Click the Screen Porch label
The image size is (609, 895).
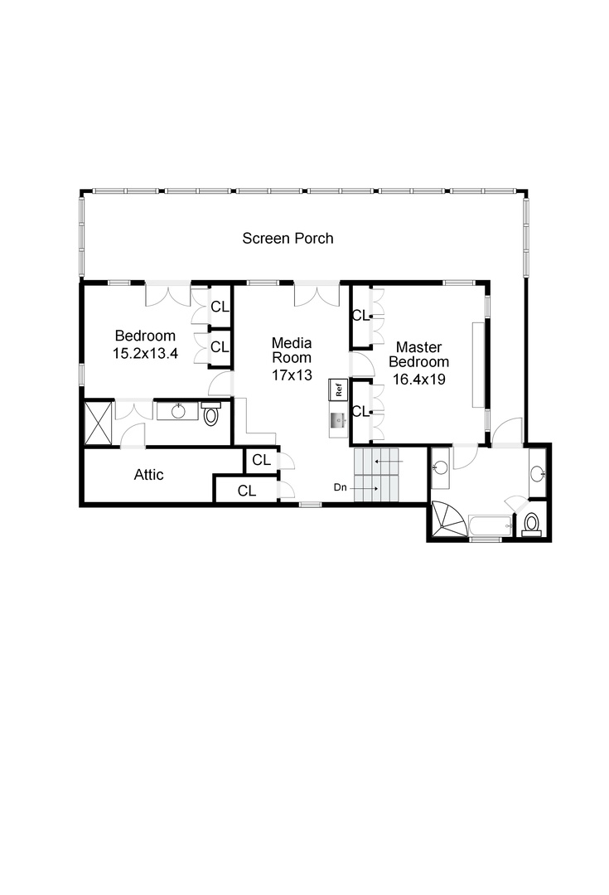(288, 239)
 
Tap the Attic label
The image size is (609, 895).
(149, 474)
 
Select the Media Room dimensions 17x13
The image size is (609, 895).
(292, 375)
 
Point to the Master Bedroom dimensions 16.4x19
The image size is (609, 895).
(419, 379)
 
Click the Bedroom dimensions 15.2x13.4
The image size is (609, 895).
(145, 353)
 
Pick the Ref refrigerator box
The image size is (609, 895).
(338, 389)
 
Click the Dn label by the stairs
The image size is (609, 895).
(341, 487)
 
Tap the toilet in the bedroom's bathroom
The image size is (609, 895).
(211, 414)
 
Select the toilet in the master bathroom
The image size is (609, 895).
(532, 524)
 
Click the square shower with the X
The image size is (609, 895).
(98, 423)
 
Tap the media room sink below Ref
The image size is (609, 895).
(338, 420)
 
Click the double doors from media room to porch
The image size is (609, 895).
(317, 294)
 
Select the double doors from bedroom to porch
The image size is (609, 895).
(168, 294)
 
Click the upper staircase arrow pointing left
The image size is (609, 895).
(389, 461)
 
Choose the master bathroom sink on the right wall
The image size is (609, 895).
(537, 473)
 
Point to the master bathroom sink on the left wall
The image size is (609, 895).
(439, 468)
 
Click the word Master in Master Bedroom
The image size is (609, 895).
(419, 347)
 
